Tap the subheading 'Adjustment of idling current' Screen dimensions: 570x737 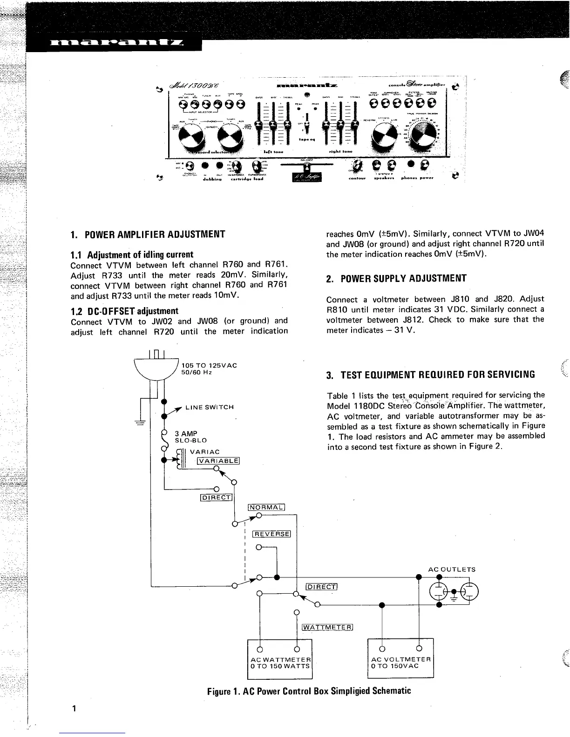(x=132, y=255)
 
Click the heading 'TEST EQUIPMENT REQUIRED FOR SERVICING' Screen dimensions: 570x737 (x=430, y=375)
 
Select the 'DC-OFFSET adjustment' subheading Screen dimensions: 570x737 (x=124, y=311)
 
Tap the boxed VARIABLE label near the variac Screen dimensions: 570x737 (x=218, y=461)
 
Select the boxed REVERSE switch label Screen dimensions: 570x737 (x=271, y=534)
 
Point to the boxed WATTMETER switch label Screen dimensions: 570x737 (x=328, y=627)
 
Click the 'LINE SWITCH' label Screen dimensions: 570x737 (x=209, y=407)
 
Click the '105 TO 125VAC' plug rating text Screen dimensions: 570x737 (x=209, y=365)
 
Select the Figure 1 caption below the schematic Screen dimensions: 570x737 (x=309, y=690)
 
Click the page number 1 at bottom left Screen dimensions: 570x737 (x=74, y=709)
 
